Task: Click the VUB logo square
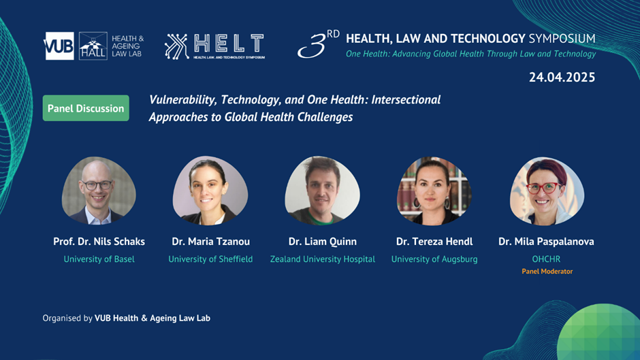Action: tap(59, 46)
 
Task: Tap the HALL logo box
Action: tap(93, 46)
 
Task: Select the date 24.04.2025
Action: tap(562, 77)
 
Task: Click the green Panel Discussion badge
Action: tap(86, 108)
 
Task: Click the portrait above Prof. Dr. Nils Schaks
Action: tap(99, 191)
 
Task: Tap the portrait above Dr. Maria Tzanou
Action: tap(210, 191)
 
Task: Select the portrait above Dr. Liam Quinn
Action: tap(323, 191)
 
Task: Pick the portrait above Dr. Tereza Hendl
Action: tap(434, 191)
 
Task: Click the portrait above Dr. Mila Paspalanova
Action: tap(547, 191)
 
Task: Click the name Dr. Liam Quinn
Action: tap(323, 242)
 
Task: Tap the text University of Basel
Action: tap(99, 259)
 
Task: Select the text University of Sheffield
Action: tap(210, 259)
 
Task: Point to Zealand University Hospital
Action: tap(323, 259)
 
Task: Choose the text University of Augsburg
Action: tap(434, 259)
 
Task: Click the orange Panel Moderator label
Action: tap(547, 272)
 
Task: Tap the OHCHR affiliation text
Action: tap(546, 259)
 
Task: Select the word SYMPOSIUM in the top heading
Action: tap(562, 39)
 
